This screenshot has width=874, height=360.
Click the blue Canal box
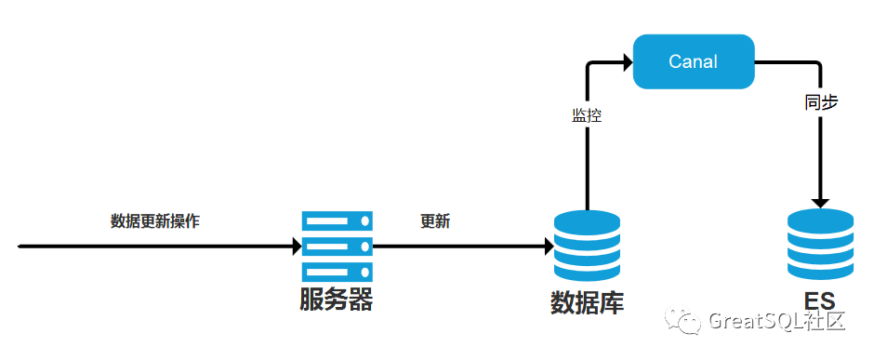coord(693,61)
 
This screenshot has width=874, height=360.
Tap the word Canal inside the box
coord(693,62)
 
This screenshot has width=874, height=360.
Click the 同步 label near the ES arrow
coord(821,102)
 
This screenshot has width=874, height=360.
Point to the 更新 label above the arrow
coord(435,221)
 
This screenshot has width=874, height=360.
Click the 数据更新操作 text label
coord(155,221)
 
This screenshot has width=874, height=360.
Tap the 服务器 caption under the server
coord(336,300)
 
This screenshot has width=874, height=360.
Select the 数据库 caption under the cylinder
coord(587,303)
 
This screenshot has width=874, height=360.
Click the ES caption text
coord(820,301)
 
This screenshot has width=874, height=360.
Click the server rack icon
coord(337,247)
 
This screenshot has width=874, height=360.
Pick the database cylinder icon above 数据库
coord(587,247)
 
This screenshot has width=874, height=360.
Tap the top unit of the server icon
coord(337,221)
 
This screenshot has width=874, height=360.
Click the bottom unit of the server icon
coord(337,273)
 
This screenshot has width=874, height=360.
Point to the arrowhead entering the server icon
coord(297,247)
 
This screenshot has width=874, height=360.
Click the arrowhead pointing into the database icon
coord(549,247)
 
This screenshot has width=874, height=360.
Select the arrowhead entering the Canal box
coord(627,62)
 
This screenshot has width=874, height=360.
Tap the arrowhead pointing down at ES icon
coord(820,201)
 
